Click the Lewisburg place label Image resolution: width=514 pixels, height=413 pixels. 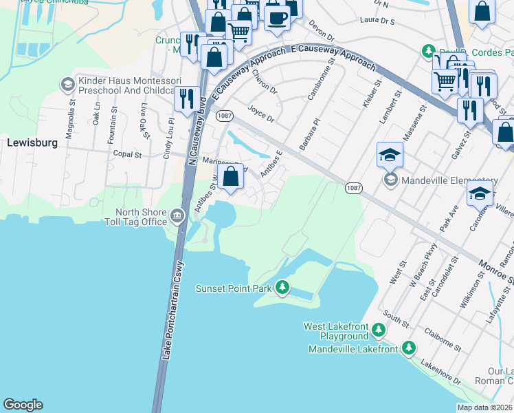(x=30, y=143)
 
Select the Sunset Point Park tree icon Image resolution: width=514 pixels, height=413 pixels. (x=282, y=288)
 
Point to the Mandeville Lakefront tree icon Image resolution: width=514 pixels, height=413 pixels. (x=409, y=348)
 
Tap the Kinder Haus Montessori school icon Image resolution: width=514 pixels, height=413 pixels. (x=67, y=85)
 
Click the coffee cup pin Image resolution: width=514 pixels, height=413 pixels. (x=276, y=17)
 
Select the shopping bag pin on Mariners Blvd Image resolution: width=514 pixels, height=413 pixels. (x=232, y=177)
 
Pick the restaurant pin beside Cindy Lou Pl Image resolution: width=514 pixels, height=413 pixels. (x=186, y=99)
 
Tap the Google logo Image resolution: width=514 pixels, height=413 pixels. (x=23, y=405)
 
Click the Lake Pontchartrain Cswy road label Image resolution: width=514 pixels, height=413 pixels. (x=172, y=310)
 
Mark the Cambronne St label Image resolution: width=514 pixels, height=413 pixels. (x=321, y=79)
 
